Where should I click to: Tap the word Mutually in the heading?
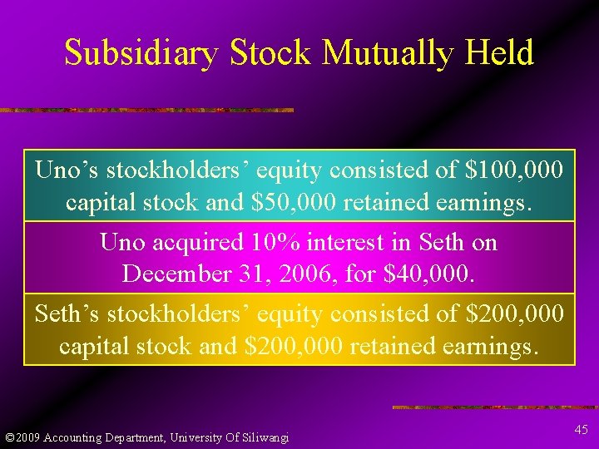384,53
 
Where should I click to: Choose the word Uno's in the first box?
64,170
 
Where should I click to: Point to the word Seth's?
65,313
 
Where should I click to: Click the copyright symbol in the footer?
9,437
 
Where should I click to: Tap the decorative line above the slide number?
494,407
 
